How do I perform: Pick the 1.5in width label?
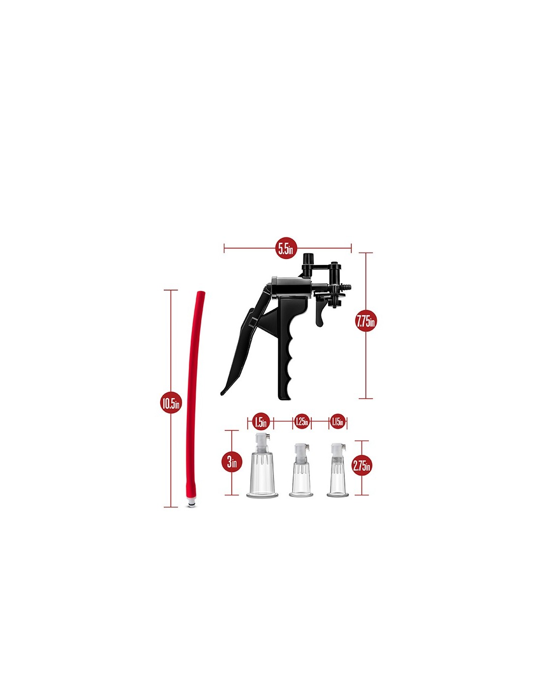tap(260, 422)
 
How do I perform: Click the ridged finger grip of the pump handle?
tap(288, 350)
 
